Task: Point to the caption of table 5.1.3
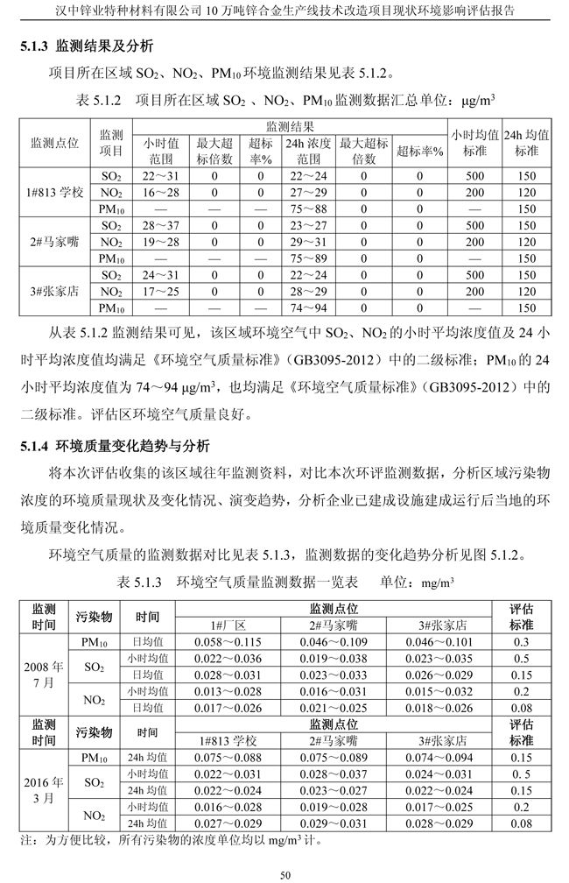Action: coord(285,583)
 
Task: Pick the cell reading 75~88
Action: coord(307,208)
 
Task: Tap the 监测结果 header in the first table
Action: coord(295,126)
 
